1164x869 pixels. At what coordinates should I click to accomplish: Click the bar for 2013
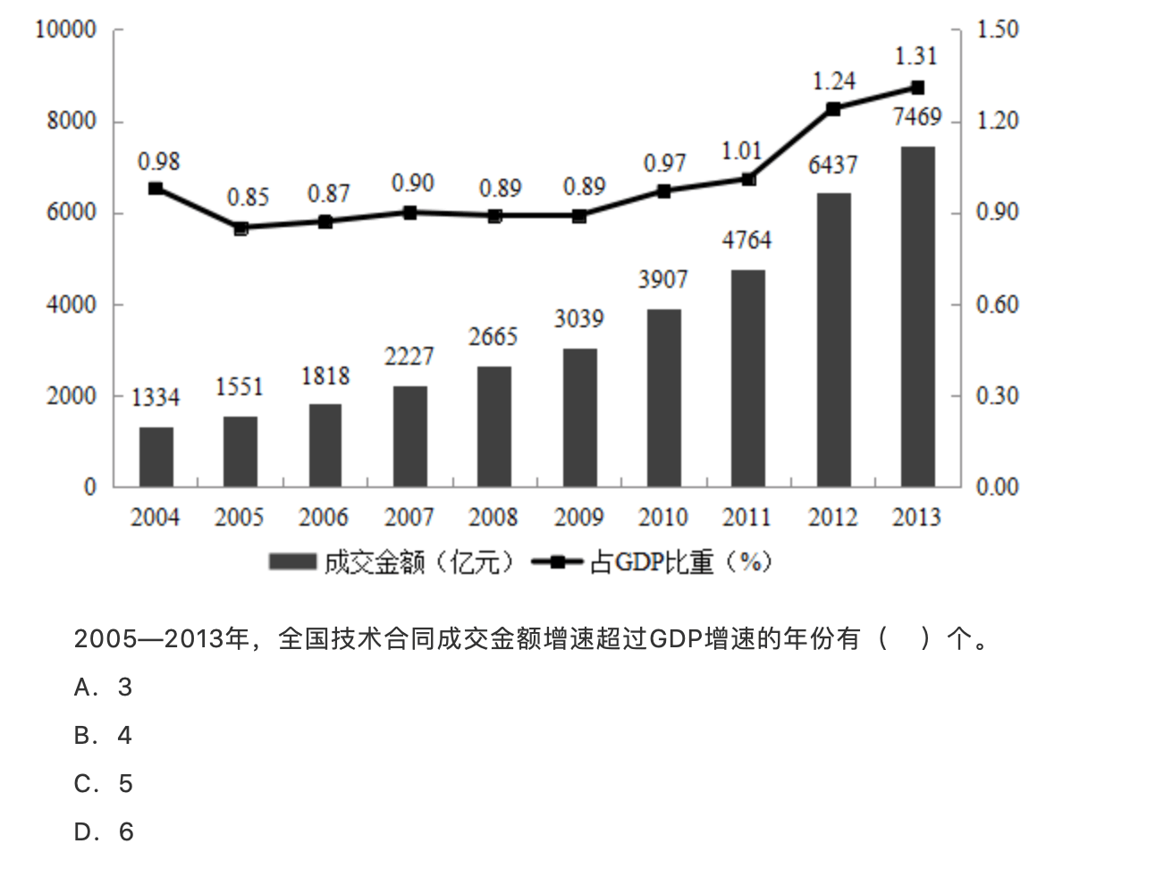pyautogui.click(x=917, y=316)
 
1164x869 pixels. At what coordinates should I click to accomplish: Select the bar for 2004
pyautogui.click(x=156, y=457)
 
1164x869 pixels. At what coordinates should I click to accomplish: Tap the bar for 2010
pyautogui.click(x=663, y=398)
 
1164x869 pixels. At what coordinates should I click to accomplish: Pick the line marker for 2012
pyautogui.click(x=833, y=109)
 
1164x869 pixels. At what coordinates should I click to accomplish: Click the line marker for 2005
pyautogui.click(x=240, y=228)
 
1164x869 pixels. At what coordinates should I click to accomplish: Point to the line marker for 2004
pyautogui.click(x=156, y=189)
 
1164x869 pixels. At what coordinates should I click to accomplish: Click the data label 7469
pyautogui.click(x=917, y=117)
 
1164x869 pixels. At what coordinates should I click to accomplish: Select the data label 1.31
pyautogui.click(x=915, y=56)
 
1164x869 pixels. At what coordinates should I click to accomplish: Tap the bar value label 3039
pyautogui.click(x=578, y=318)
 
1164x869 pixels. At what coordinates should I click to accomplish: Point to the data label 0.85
pyautogui.click(x=248, y=197)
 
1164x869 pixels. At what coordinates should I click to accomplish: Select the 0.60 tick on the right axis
pyautogui.click(x=997, y=305)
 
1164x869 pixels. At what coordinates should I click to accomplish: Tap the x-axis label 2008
pyautogui.click(x=493, y=518)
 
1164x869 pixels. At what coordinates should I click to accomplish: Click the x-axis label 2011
pyautogui.click(x=746, y=518)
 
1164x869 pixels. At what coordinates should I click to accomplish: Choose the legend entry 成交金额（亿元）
pyautogui.click(x=393, y=561)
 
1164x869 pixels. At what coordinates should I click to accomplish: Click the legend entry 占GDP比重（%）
pyautogui.click(x=653, y=561)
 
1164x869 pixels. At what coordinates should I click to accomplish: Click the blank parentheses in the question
pyautogui.click(x=904, y=638)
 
